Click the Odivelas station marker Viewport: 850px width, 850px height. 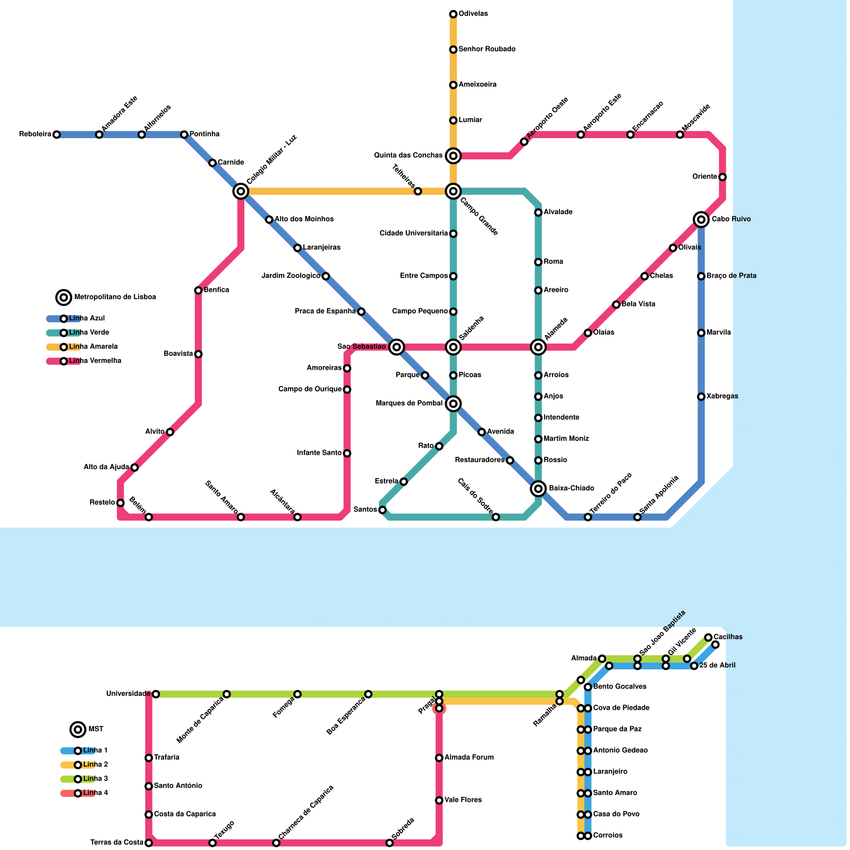tap(453, 14)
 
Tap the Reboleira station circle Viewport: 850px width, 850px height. tap(56, 134)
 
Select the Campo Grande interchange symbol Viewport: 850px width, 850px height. tap(453, 191)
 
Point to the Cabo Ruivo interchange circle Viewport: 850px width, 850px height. tap(701, 219)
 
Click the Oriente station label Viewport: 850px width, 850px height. tap(705, 177)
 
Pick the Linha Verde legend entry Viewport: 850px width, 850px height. tap(89, 333)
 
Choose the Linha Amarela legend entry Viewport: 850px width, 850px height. tap(93, 347)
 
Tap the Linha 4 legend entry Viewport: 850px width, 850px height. tap(95, 793)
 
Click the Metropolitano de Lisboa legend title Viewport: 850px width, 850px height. tap(115, 297)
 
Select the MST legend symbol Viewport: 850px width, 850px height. tap(78, 729)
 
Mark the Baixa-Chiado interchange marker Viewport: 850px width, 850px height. tap(538, 488)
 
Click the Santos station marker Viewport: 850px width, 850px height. tap(382, 510)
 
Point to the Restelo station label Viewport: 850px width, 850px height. tap(102, 503)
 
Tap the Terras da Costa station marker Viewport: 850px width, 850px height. tap(149, 843)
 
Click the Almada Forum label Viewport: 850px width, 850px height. tap(469, 758)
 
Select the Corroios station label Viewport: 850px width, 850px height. tap(608, 836)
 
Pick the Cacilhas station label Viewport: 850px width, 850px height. tap(728, 637)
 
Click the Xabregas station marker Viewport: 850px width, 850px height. tap(701, 396)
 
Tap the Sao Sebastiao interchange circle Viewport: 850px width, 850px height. tap(396, 347)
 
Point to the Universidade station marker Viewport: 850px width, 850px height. tap(156, 694)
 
